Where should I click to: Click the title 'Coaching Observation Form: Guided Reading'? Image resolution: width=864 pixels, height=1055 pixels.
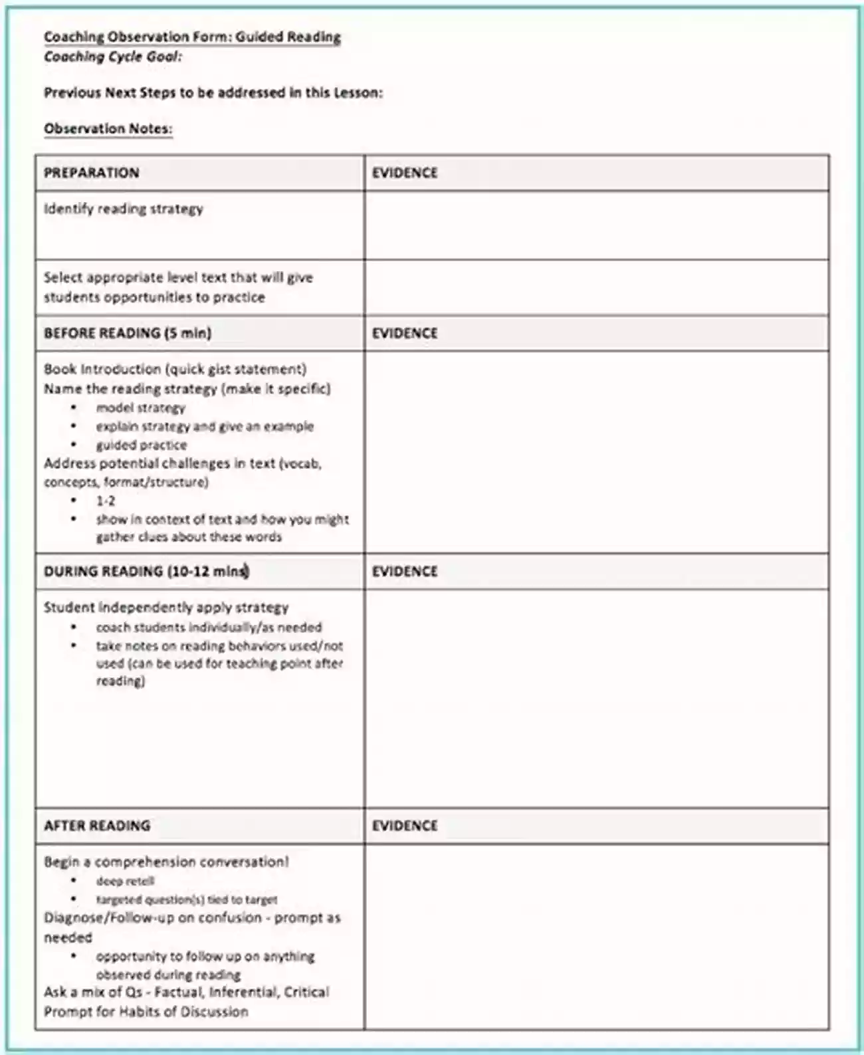pyautogui.click(x=192, y=37)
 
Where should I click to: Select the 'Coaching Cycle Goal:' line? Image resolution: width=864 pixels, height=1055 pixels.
pyautogui.click(x=113, y=57)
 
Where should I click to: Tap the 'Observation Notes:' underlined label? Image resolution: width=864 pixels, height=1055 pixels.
pyautogui.click(x=108, y=128)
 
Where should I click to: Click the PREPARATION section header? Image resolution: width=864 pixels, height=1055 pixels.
pyautogui.click(x=92, y=173)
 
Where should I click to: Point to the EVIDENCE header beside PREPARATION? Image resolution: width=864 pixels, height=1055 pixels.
pyautogui.click(x=405, y=173)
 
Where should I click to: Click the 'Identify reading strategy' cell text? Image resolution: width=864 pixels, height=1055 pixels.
pyautogui.click(x=124, y=209)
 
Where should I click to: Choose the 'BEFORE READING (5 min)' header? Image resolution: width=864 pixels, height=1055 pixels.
pyautogui.click(x=128, y=333)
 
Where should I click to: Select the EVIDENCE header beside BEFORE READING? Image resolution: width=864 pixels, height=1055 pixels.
pyautogui.click(x=405, y=333)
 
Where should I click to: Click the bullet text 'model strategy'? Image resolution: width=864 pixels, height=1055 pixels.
pyautogui.click(x=140, y=408)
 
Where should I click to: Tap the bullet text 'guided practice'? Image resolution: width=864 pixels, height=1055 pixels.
pyautogui.click(x=142, y=445)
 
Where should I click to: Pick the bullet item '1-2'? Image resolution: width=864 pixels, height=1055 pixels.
pyautogui.click(x=106, y=501)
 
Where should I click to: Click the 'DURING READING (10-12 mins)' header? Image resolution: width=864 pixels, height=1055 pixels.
pyautogui.click(x=146, y=571)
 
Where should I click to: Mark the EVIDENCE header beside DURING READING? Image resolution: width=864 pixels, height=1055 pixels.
pyautogui.click(x=405, y=571)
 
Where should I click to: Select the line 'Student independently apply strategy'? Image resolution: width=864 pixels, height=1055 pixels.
pyautogui.click(x=166, y=608)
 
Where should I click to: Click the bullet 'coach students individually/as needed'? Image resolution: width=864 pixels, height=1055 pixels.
pyautogui.click(x=209, y=628)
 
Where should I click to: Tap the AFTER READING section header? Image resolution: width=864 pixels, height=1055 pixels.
pyautogui.click(x=97, y=826)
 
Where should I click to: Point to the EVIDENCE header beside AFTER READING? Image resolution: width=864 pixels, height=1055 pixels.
pyautogui.click(x=405, y=826)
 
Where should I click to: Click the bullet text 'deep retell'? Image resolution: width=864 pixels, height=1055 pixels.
pyautogui.click(x=125, y=881)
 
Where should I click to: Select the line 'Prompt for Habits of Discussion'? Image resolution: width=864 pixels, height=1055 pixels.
pyautogui.click(x=146, y=1012)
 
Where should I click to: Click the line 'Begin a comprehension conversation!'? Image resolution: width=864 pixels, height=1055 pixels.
pyautogui.click(x=166, y=862)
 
